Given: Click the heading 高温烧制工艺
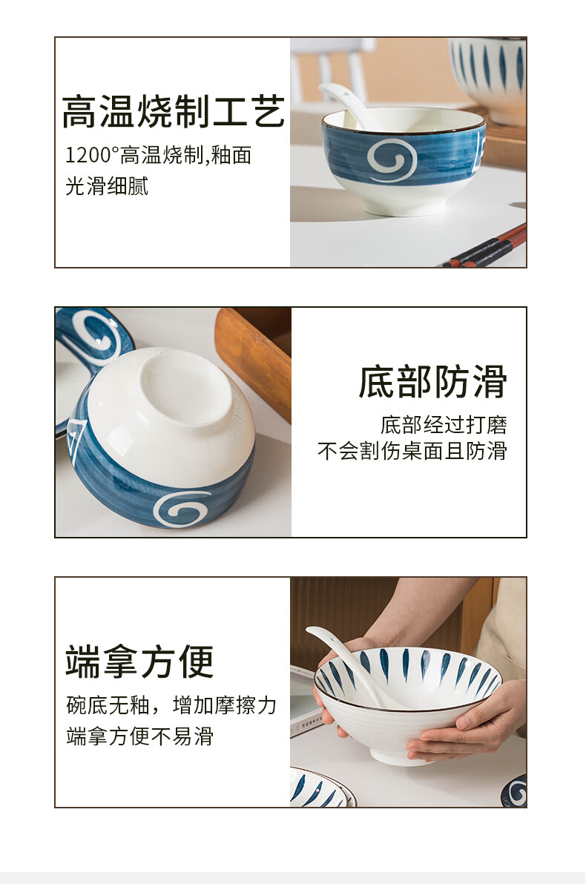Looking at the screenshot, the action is (x=173, y=112).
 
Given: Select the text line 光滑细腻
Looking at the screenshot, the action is (x=107, y=186).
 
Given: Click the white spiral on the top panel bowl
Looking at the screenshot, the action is (x=392, y=161).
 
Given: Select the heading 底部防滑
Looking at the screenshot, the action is (x=432, y=382).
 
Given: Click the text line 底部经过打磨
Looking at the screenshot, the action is (x=444, y=425).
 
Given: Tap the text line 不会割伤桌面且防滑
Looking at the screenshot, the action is (x=412, y=451).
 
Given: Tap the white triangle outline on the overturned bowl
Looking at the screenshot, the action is (x=76, y=439).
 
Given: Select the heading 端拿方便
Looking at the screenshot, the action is (x=140, y=662).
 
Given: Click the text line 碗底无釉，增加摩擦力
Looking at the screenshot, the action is (x=171, y=705).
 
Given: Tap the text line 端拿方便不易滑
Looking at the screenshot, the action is (x=140, y=736).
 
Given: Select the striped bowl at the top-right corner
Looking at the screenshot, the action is (x=488, y=74).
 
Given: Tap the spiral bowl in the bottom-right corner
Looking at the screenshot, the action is (x=514, y=791).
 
